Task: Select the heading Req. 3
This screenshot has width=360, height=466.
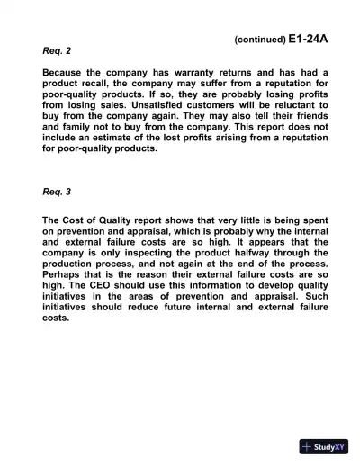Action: click(57, 192)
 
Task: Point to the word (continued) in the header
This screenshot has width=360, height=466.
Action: click(259, 40)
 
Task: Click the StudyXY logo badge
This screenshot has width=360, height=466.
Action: click(324, 446)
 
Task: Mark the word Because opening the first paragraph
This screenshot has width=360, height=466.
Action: click(66, 72)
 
